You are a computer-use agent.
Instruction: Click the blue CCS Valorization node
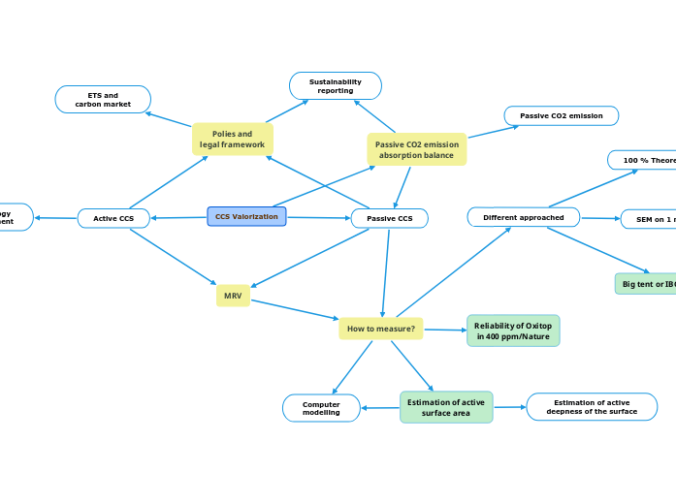[246, 216]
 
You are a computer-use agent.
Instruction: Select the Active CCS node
[113, 218]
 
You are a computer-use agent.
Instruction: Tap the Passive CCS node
[389, 218]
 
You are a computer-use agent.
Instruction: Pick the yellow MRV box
[233, 296]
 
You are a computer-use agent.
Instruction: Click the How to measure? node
[380, 329]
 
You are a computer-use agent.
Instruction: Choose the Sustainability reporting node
[336, 86]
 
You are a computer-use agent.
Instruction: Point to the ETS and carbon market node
[103, 99]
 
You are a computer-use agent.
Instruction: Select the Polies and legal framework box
[232, 139]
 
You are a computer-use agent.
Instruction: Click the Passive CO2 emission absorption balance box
[416, 149]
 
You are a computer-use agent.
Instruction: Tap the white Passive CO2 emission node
[561, 115]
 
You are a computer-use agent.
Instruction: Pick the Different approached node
[523, 217]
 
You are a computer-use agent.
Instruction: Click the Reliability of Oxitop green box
[512, 331]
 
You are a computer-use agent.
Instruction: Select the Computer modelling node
[321, 408]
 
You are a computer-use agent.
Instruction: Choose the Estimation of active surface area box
[445, 407]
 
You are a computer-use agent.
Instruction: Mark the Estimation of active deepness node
[591, 407]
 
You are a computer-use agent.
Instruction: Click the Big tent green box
[646, 284]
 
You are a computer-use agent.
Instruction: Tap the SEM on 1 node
[649, 220]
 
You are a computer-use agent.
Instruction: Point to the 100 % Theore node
[642, 160]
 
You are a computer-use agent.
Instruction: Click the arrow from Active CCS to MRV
[174, 257]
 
